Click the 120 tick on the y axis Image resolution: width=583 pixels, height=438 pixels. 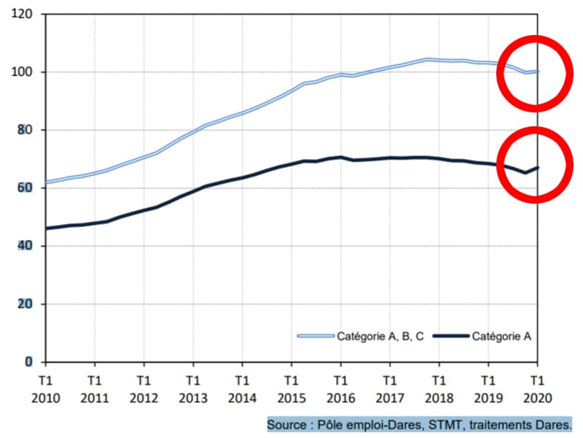click(x=26, y=14)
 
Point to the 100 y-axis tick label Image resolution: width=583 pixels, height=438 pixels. click(x=26, y=72)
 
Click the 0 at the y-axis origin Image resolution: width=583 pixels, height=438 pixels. click(x=29, y=362)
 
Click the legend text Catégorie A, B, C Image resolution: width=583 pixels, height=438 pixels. click(x=380, y=337)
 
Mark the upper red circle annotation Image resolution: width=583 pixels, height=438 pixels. click(x=535, y=74)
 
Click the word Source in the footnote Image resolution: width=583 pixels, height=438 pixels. click(x=288, y=424)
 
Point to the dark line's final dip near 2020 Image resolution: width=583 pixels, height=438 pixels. click(x=525, y=173)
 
